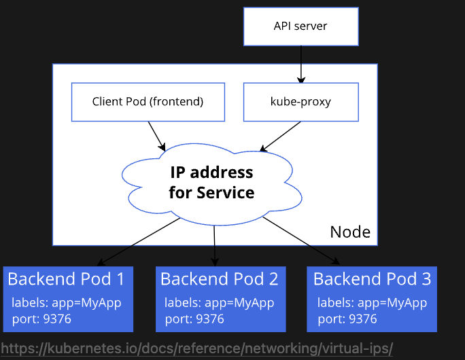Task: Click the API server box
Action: [300, 26]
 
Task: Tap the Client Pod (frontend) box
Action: [148, 102]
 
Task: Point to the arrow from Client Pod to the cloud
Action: [156, 136]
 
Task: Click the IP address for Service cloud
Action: [211, 182]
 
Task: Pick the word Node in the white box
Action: [350, 232]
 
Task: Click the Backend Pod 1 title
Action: [66, 278]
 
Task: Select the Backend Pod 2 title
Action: [219, 278]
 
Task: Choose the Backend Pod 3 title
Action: [372, 278]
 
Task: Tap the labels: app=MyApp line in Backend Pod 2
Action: [220, 303]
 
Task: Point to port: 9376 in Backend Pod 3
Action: [347, 319]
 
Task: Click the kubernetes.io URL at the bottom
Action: [197, 348]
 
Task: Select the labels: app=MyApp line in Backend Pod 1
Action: [67, 303]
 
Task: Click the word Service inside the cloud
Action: [225, 192]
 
